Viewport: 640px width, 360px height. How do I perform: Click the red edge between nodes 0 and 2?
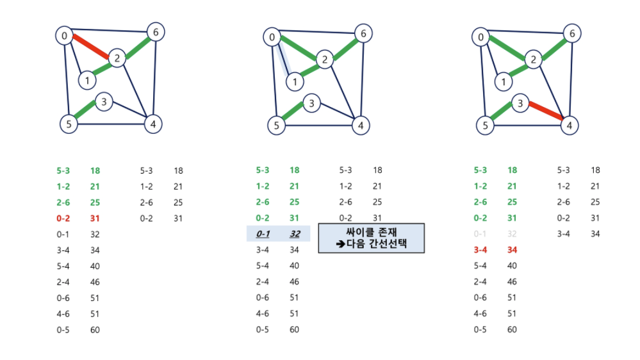click(90, 47)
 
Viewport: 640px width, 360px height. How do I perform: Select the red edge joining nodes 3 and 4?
click(546, 111)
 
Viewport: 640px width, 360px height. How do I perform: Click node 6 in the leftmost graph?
click(156, 32)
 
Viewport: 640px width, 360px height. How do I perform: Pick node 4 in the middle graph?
click(361, 126)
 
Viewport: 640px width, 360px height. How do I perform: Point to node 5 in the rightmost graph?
click(486, 126)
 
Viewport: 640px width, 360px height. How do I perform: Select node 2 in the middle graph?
click(325, 60)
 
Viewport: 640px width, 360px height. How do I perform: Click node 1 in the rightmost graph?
click(504, 82)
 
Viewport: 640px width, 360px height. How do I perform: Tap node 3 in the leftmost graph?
click(104, 102)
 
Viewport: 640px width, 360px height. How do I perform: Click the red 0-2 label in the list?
click(63, 218)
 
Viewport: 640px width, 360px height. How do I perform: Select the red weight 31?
click(95, 218)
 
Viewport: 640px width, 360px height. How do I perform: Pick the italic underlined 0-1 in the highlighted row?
click(263, 234)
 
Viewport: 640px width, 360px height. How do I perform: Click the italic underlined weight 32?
click(295, 234)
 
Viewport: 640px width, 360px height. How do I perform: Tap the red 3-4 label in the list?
click(480, 250)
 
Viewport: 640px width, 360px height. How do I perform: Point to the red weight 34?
click(513, 250)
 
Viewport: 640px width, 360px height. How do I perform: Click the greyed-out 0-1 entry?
click(480, 234)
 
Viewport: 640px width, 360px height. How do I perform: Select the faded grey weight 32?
click(512, 234)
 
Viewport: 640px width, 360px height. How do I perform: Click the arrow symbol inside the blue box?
click(341, 244)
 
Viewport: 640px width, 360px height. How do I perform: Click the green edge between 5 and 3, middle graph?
click(293, 111)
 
